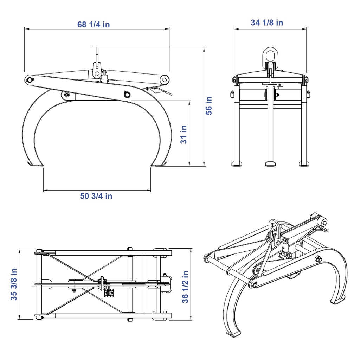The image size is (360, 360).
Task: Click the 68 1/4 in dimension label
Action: coord(94,24)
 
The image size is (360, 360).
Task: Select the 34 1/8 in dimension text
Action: coord(267,22)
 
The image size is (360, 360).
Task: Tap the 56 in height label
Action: coord(209,105)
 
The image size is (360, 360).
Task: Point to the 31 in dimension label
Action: coord(184,135)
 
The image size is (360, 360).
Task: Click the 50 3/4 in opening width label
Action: coord(96,196)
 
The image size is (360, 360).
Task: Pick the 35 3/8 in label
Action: coord(14,284)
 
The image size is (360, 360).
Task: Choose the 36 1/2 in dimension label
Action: coord(185,287)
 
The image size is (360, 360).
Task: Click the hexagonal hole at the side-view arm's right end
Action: coord(165,80)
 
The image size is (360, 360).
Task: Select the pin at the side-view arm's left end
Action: coord(30,80)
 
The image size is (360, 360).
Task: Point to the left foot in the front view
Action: coord(237,164)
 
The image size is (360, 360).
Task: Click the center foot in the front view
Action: coord(270,164)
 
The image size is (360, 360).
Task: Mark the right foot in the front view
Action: coord(304,164)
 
